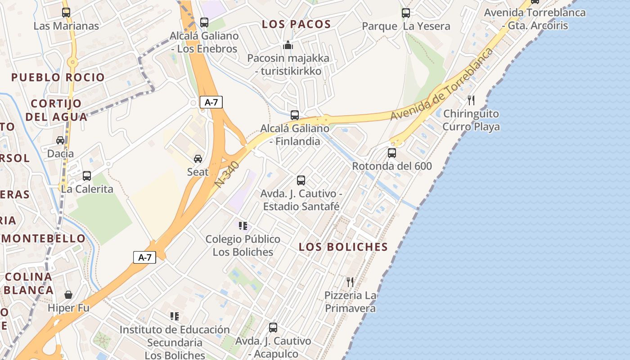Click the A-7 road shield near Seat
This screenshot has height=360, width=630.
(x=211, y=102)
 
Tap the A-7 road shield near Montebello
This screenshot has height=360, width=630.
(x=144, y=257)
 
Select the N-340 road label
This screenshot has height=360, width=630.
(x=227, y=174)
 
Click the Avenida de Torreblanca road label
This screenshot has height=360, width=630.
(x=441, y=84)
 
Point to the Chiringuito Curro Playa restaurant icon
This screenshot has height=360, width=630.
(x=471, y=100)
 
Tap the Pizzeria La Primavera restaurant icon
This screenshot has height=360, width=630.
(x=350, y=282)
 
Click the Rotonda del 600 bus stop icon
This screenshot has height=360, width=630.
(x=392, y=153)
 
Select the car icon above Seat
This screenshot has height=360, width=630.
(x=198, y=159)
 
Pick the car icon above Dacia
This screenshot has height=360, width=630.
(x=60, y=140)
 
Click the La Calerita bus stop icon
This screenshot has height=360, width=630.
(x=87, y=176)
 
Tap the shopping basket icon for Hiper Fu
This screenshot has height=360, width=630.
(x=68, y=295)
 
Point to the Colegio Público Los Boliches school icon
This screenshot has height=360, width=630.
(x=243, y=226)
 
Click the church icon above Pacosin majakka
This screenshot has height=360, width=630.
(x=288, y=45)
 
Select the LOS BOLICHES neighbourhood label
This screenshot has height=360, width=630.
(x=343, y=247)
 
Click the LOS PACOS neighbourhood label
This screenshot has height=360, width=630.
(x=297, y=24)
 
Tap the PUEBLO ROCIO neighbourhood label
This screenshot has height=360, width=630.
(x=58, y=77)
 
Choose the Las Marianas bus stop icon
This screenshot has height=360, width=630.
(x=66, y=13)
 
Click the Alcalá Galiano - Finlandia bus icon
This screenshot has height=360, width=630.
(x=295, y=115)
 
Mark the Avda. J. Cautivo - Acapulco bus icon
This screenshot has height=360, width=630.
(x=273, y=328)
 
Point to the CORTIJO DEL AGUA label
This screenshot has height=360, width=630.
(x=56, y=110)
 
